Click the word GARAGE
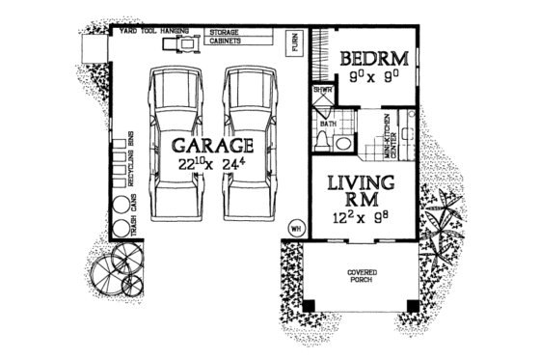(x=213, y=146)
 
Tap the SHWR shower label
(x=321, y=91)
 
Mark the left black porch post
(x=310, y=306)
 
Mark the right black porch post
(x=413, y=306)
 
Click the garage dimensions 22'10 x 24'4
(x=213, y=166)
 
